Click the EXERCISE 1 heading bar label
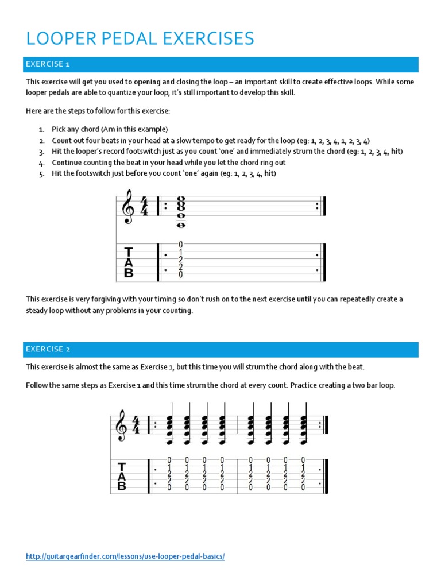(x=51, y=64)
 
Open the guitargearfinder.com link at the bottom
(x=125, y=556)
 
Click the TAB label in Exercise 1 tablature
(x=129, y=262)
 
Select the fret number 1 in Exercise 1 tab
(x=181, y=252)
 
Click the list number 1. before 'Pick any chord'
(x=41, y=129)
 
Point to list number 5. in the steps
(x=41, y=175)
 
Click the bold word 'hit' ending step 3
(x=396, y=152)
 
